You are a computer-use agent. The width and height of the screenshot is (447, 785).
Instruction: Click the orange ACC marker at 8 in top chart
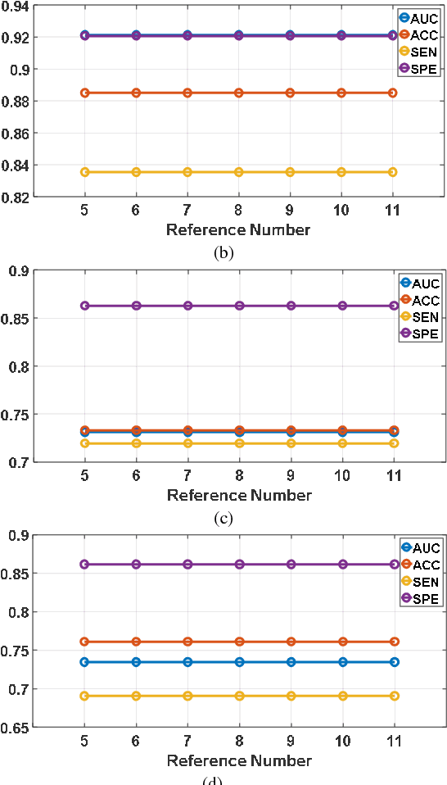tap(238, 93)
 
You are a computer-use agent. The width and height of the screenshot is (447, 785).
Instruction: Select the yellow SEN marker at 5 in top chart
tap(84, 171)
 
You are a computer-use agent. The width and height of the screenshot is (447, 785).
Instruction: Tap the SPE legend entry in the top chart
tap(418, 70)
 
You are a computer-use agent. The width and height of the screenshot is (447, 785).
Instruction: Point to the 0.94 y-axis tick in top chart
tap(17, 7)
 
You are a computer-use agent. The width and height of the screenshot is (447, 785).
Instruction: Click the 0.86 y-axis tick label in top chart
tap(17, 133)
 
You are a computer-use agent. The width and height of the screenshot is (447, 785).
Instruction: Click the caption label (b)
tap(223, 252)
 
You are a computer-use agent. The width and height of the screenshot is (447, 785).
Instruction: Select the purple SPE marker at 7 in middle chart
tap(187, 306)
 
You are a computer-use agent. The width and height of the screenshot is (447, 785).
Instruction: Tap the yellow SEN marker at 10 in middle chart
tap(341, 443)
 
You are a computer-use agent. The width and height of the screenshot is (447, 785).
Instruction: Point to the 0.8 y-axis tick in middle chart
tap(22, 366)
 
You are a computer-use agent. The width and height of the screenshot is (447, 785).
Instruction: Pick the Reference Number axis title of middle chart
tap(239, 495)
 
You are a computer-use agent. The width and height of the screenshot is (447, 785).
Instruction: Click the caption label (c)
tap(223, 518)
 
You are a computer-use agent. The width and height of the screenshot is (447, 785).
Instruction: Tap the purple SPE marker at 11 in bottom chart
tap(394, 564)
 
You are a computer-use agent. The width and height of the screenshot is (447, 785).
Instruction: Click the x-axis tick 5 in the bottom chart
tap(84, 740)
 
